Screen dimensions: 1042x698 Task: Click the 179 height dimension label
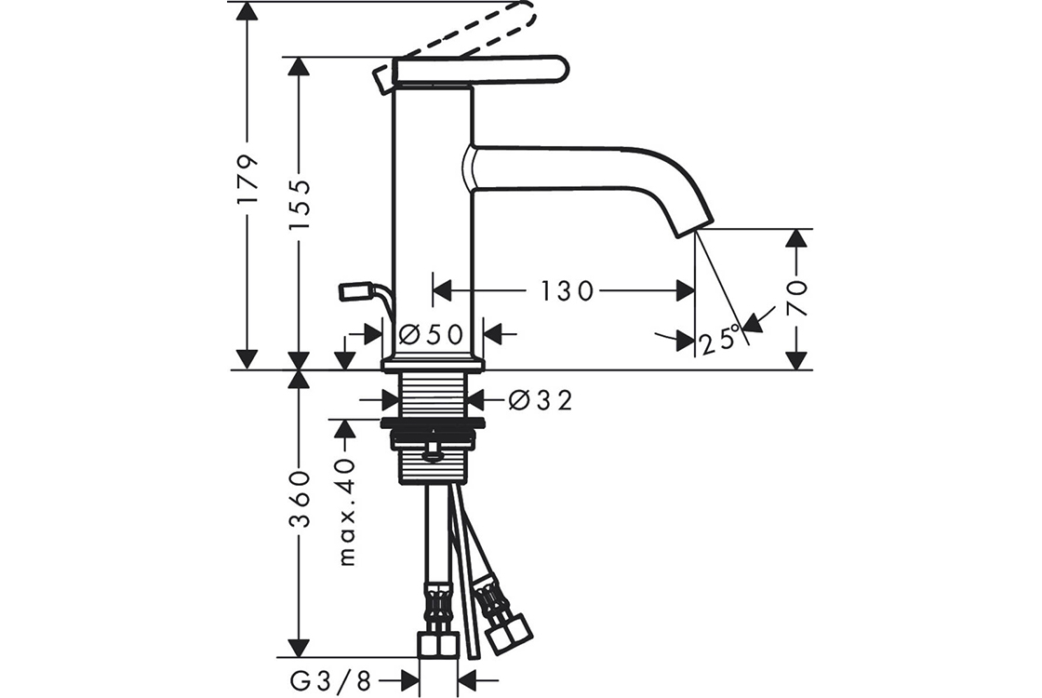[247, 181]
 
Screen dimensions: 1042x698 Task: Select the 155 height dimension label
[300, 205]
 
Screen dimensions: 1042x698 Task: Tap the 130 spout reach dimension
[567, 290]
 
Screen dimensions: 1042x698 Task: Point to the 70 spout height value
[796, 297]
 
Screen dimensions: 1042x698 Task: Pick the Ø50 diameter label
[431, 334]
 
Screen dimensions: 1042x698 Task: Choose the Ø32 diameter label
[541, 400]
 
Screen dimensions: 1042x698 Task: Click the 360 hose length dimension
[300, 499]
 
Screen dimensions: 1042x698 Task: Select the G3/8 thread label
[331, 680]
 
